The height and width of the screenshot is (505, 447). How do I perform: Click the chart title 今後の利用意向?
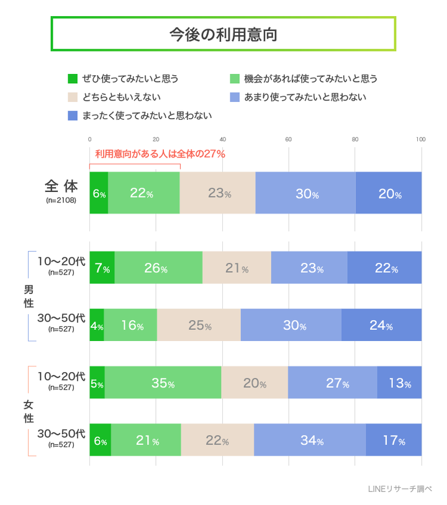(x=223, y=34)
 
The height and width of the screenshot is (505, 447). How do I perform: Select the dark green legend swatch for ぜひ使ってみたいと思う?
(x=72, y=79)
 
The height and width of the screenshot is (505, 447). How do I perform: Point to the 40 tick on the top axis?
(x=222, y=139)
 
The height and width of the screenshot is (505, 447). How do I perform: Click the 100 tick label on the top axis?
(x=420, y=139)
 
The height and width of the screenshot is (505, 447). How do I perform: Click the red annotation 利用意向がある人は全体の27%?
(x=160, y=154)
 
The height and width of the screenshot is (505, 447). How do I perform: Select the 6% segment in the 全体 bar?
(x=99, y=193)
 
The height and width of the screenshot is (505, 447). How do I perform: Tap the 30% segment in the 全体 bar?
(x=306, y=193)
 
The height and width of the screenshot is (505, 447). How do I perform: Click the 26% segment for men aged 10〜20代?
(x=158, y=268)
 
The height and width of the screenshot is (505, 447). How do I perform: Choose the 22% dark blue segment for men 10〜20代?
(x=385, y=268)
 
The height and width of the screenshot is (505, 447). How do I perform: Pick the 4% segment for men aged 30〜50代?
(x=97, y=325)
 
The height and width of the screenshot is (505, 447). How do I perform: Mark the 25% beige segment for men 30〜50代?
(x=199, y=325)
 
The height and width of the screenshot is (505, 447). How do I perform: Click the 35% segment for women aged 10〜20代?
(x=163, y=383)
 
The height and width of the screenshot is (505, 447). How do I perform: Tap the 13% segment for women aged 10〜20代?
(x=399, y=383)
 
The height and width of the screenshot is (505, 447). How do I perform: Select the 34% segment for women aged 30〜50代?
(x=310, y=441)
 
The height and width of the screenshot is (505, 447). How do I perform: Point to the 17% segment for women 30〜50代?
(x=394, y=441)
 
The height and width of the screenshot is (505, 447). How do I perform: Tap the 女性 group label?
(x=29, y=412)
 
